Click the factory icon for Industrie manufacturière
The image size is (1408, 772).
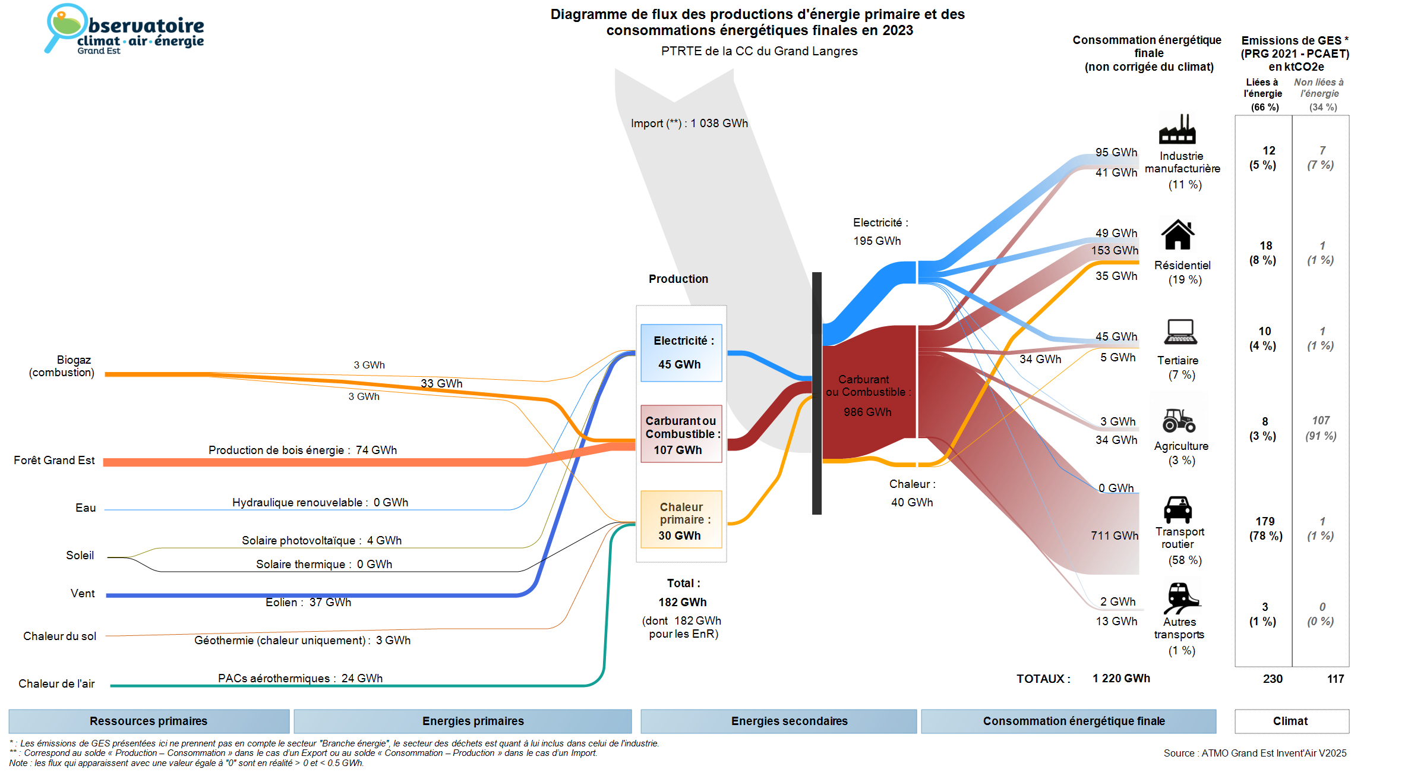[x=1177, y=129]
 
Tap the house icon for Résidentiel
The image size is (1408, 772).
[x=1177, y=235]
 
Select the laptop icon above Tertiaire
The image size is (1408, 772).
[x=1180, y=332]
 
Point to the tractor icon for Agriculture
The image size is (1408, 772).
[x=1179, y=420]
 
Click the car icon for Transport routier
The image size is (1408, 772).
[x=1177, y=509]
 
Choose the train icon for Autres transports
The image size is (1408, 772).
[x=1180, y=597]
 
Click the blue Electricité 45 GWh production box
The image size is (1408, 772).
[x=681, y=352]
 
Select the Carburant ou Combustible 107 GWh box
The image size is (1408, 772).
[x=681, y=434]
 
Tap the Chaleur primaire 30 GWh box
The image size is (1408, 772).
[x=681, y=520]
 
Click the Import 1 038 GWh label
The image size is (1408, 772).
[x=689, y=124]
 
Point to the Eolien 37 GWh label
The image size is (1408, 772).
[x=308, y=603]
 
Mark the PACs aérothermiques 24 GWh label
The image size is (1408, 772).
[x=300, y=679]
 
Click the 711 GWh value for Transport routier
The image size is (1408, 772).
[x=1114, y=536]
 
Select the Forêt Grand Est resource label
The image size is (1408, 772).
[x=54, y=461]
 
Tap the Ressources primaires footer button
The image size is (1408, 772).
[x=149, y=721]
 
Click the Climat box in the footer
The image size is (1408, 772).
[x=1291, y=721]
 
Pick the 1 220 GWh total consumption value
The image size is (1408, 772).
[x=1121, y=679]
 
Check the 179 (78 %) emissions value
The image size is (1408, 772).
[x=1265, y=528]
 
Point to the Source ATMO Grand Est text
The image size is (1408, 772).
[x=1255, y=753]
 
